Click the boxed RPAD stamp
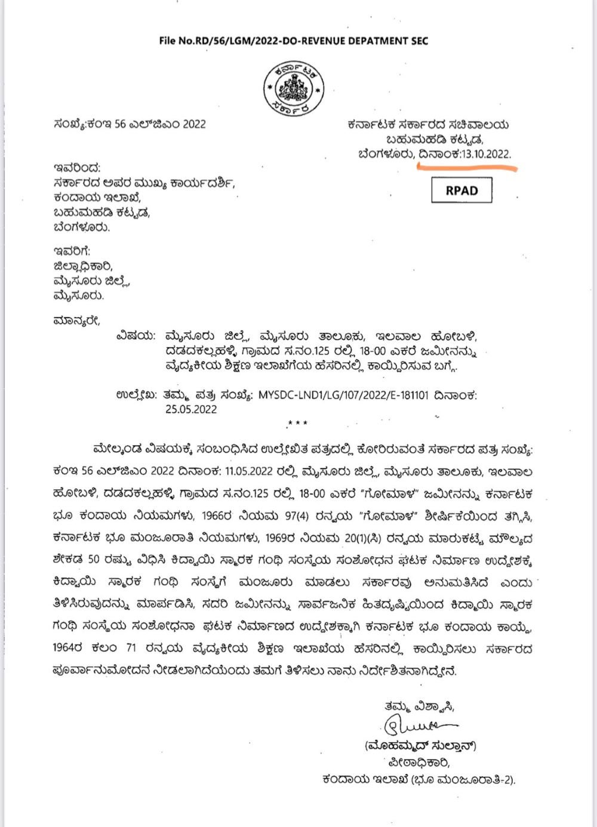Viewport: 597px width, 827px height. (x=461, y=190)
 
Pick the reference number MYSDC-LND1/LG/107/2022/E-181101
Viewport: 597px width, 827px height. (x=343, y=395)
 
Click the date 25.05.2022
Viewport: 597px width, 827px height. (x=191, y=409)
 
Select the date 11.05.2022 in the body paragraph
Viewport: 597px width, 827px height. (x=250, y=471)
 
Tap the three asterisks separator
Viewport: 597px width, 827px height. (x=297, y=423)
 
